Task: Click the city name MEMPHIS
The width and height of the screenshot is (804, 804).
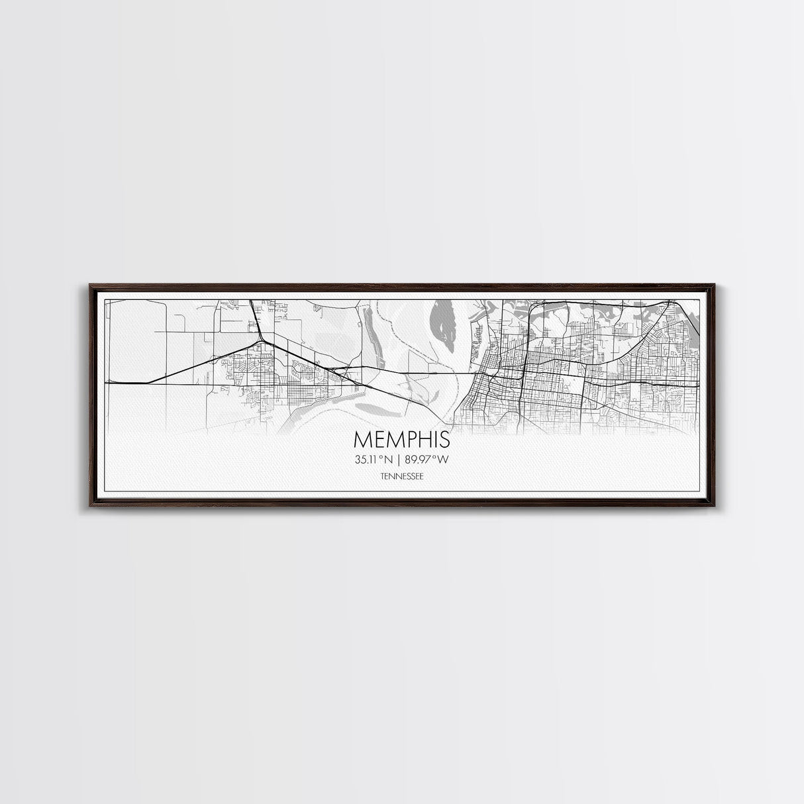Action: (x=402, y=440)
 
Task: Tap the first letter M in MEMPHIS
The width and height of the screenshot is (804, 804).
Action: (x=362, y=440)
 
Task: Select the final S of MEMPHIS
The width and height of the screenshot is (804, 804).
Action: (x=444, y=440)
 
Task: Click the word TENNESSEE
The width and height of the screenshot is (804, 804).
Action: (x=402, y=476)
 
